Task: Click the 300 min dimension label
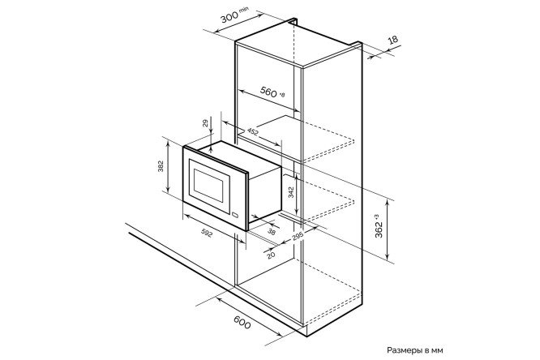pyautogui.click(x=234, y=15)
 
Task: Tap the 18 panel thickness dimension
pyautogui.click(x=392, y=40)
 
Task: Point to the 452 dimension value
pyautogui.click(x=252, y=132)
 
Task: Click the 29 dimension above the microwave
pyautogui.click(x=205, y=123)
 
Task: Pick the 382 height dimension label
pyautogui.click(x=161, y=166)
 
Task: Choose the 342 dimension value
pyautogui.click(x=291, y=192)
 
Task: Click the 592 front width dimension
pyautogui.click(x=207, y=234)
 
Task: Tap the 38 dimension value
pyautogui.click(x=272, y=232)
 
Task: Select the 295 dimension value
pyautogui.click(x=298, y=236)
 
